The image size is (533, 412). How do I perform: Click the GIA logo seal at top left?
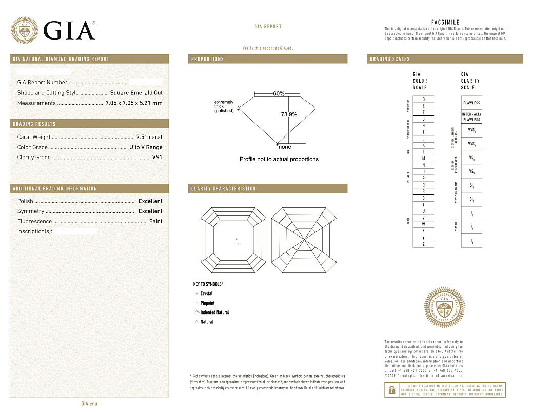(25, 30)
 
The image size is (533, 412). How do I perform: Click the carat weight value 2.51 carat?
(149, 137)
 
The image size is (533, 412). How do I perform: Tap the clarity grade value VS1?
(157, 158)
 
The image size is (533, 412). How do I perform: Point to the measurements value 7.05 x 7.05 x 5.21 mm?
(133, 103)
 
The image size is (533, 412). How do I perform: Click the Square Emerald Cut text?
(136, 93)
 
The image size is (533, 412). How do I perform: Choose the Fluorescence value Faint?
(155, 221)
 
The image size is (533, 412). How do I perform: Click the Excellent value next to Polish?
(150, 201)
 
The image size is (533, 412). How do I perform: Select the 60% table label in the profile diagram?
(279, 94)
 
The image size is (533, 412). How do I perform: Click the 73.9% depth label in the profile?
(289, 114)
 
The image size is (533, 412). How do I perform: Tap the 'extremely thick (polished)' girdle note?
(224, 106)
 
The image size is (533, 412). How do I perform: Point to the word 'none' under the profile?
(285, 147)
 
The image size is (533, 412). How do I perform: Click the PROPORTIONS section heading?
(208, 59)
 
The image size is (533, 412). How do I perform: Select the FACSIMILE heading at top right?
(445, 23)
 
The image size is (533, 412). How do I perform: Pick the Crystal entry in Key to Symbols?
(206, 293)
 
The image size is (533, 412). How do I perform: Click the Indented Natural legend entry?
(214, 312)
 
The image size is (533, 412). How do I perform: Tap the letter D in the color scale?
(423, 99)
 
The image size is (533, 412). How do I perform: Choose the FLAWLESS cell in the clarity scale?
(471, 103)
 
